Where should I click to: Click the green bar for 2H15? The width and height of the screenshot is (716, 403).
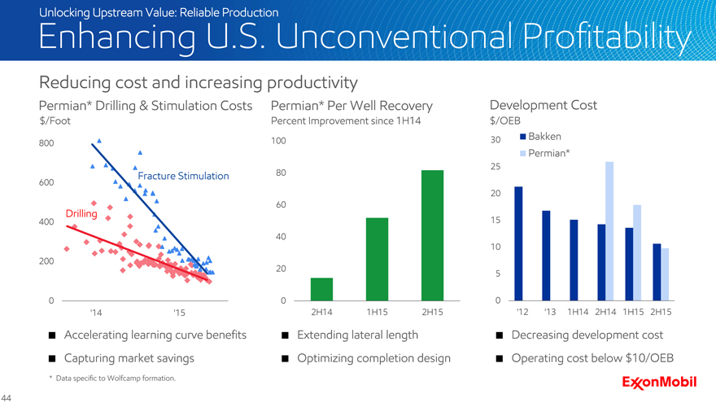pyautogui.click(x=432, y=236)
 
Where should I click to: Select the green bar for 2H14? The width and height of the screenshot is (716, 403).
pyautogui.click(x=321, y=290)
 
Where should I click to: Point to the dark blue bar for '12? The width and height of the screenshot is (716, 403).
pyautogui.click(x=518, y=244)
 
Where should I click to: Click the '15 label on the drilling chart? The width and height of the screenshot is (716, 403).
pyautogui.click(x=179, y=313)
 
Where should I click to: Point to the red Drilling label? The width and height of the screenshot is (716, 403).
pyautogui.click(x=81, y=213)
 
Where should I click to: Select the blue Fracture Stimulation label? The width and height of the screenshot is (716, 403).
pyautogui.click(x=183, y=176)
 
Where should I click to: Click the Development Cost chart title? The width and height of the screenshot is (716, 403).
pyautogui.click(x=543, y=105)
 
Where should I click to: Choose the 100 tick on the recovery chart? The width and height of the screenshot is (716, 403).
pyautogui.click(x=279, y=142)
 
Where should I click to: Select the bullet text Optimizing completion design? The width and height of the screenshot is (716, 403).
pyautogui.click(x=373, y=358)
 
